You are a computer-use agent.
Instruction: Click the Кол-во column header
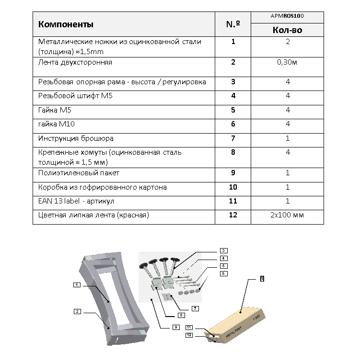pos(287,30)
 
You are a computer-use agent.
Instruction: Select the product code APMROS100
pos(287,16)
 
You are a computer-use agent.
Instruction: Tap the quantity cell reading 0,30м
pos(287,62)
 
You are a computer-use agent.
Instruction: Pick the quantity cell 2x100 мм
pos(287,215)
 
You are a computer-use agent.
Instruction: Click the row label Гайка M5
pos(55,110)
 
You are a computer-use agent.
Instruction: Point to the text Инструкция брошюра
pos(76,138)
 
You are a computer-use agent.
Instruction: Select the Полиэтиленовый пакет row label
pos(79,172)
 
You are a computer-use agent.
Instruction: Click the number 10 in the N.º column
pos(233,187)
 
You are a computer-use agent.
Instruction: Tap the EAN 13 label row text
pos(76,201)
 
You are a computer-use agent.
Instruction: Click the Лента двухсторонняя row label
pos(75,62)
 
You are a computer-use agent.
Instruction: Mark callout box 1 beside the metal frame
pos(76,285)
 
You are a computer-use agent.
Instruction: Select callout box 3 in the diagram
pos(223,250)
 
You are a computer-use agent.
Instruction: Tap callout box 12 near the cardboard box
pos(189,335)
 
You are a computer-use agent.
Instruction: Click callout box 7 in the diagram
pos(195,308)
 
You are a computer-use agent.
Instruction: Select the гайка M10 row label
pos(56,124)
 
